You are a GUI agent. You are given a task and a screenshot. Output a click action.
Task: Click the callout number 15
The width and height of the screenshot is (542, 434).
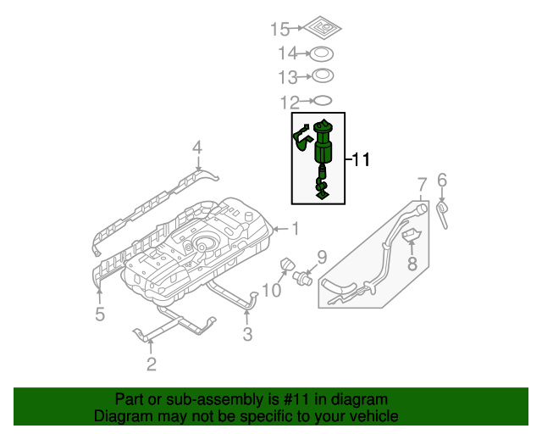pos(279,30)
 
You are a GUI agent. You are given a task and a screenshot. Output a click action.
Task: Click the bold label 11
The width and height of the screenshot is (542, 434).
pos(361,159)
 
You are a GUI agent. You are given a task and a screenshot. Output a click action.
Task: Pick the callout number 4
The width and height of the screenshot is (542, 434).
pos(196,148)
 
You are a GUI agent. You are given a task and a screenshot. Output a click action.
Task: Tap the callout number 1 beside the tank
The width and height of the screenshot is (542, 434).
pos(296,227)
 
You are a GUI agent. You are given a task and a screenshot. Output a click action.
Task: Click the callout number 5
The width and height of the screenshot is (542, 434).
pos(100,315)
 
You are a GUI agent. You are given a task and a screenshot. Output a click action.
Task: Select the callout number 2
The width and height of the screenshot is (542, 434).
pos(152,365)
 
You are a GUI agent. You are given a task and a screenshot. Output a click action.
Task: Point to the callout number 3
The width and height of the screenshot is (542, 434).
pos(247,335)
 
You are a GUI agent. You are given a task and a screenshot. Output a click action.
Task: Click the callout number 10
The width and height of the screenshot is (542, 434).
pos(270,292)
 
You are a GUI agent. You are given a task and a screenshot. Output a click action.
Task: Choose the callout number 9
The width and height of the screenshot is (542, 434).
pos(321,256)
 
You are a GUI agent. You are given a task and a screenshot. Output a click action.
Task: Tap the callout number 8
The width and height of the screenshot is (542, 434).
pos(412,265)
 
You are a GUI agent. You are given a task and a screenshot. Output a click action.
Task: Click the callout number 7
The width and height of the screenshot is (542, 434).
pos(421,182)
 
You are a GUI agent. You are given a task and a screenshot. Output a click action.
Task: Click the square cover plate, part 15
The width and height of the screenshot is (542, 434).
pos(320,28)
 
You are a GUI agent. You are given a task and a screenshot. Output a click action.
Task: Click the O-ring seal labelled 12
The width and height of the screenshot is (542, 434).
pos(320,103)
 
